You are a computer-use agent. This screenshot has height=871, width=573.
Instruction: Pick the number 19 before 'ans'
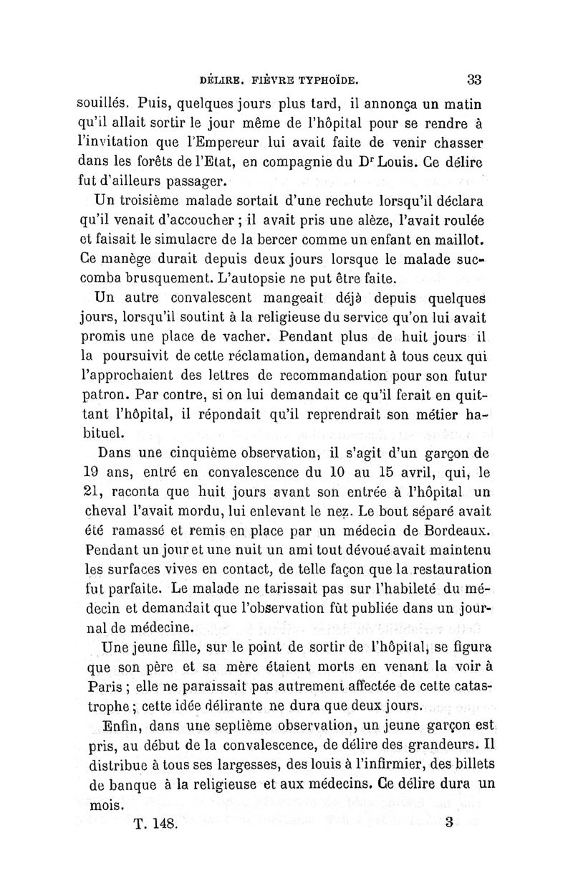click(86, 474)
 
